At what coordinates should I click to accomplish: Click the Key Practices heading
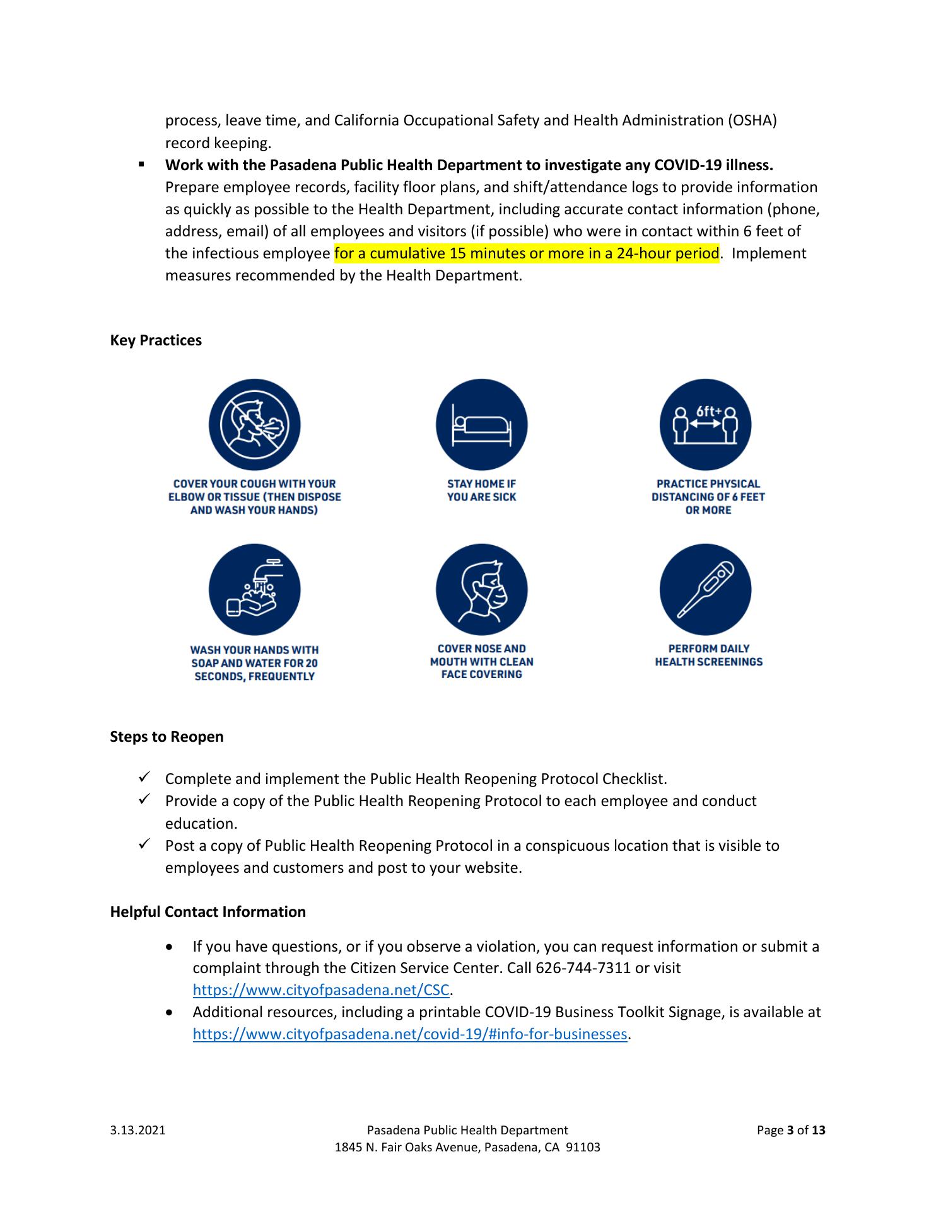pyautogui.click(x=156, y=340)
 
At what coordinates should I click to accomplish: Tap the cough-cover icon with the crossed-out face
pyautogui.click(x=254, y=425)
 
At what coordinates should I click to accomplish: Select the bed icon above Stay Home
pyautogui.click(x=481, y=425)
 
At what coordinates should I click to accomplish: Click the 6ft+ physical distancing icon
pyautogui.click(x=705, y=425)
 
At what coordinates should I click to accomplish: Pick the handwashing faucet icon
pyautogui.click(x=254, y=590)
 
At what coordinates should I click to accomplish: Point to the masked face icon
pyautogui.click(x=481, y=590)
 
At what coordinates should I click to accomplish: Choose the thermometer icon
pyautogui.click(x=705, y=590)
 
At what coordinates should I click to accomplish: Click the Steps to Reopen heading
pyautogui.click(x=167, y=737)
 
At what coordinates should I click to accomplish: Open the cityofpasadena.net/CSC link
pyautogui.click(x=321, y=990)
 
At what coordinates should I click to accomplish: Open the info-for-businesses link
pyautogui.click(x=410, y=1034)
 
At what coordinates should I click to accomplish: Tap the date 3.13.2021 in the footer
pyautogui.click(x=137, y=1131)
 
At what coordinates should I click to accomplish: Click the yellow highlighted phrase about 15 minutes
pyautogui.click(x=527, y=253)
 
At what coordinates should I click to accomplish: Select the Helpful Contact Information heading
pyautogui.click(x=208, y=912)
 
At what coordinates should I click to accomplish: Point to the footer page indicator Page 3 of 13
pyautogui.click(x=790, y=1131)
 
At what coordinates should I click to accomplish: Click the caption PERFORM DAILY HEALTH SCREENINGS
pyautogui.click(x=708, y=655)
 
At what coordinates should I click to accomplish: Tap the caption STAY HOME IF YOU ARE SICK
pyautogui.click(x=481, y=490)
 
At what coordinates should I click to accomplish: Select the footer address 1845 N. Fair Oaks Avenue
pyautogui.click(x=467, y=1148)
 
